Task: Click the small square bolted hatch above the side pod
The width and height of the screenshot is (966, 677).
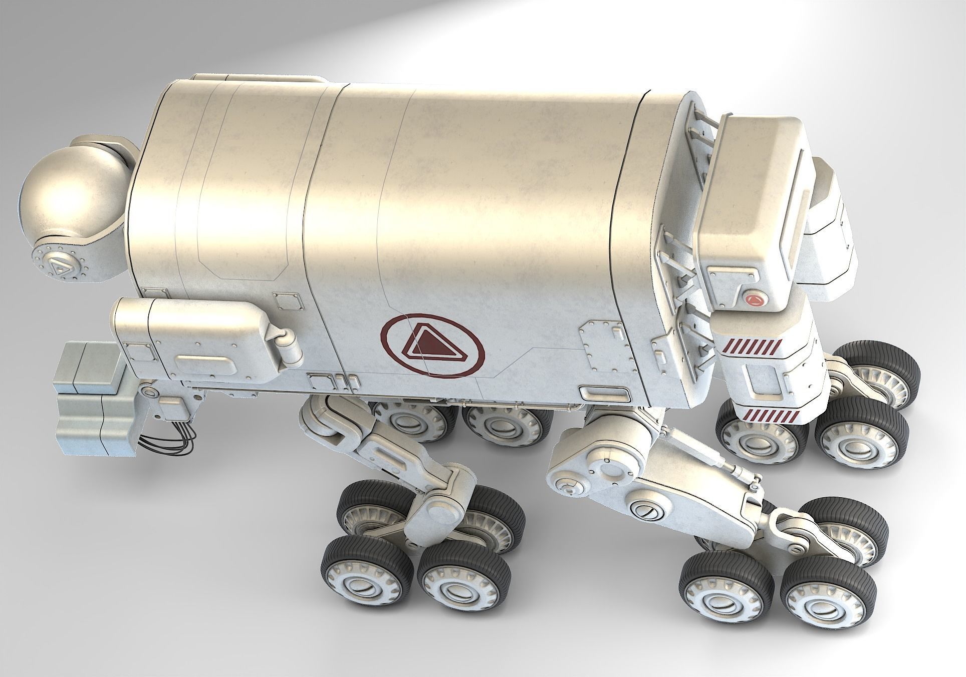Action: tap(290, 301)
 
